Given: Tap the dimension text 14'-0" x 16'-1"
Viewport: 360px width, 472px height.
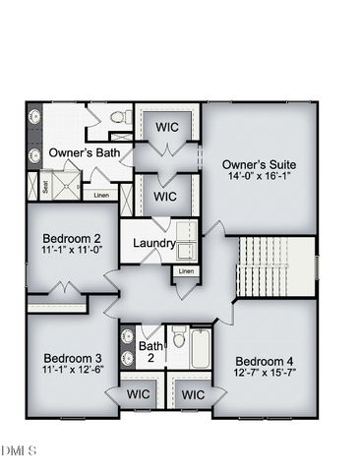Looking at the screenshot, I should click(260, 178).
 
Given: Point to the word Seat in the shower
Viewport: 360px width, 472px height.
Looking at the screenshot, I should click(45, 185).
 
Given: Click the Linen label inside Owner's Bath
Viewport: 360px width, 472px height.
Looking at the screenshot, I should click(101, 195).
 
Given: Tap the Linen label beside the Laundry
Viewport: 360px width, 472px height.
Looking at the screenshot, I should click(186, 270).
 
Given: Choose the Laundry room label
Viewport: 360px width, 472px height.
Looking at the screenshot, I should click(153, 243).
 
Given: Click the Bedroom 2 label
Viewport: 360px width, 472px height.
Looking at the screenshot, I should click(73, 238).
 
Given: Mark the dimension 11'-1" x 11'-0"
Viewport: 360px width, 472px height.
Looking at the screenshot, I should click(73, 252).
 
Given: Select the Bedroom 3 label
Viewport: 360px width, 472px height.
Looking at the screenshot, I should click(73, 357).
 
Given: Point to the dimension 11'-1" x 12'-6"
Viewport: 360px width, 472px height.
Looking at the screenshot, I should click(73, 371).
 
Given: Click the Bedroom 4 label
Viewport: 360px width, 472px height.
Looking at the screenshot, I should click(264, 360).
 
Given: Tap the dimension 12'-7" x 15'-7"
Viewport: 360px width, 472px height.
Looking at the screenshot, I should click(264, 374).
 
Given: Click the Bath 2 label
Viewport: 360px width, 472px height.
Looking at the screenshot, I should click(151, 352).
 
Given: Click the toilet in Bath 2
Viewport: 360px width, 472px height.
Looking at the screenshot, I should click(179, 339).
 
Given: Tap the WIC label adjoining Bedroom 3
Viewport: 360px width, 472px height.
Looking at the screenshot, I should click(139, 394).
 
